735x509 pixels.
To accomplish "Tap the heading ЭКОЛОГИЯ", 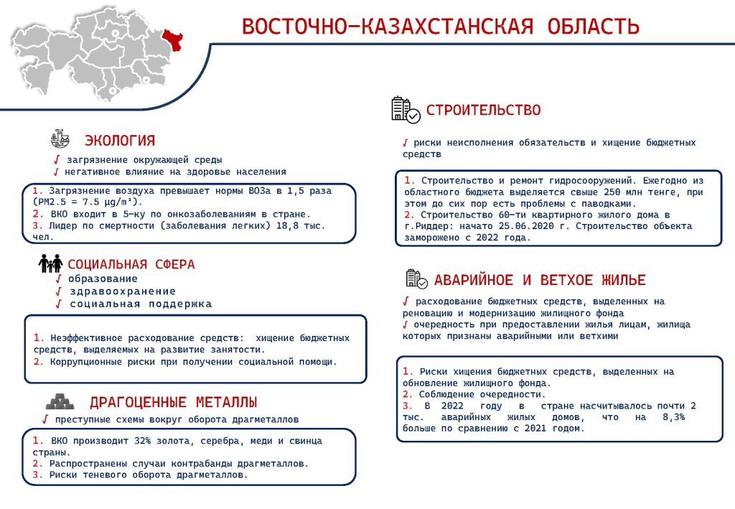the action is (120, 140).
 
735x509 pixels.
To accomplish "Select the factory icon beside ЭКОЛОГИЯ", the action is (60, 139).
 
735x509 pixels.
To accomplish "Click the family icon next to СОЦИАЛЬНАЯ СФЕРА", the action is (51, 263).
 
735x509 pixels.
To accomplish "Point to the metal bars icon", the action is (60, 401).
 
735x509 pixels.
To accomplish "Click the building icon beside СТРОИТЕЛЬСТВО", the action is (406, 110).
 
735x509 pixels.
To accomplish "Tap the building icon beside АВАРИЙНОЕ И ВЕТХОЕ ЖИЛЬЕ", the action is (416, 279).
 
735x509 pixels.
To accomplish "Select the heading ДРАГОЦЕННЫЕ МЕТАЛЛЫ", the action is (174, 402).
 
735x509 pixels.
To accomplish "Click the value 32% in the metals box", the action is (143, 441).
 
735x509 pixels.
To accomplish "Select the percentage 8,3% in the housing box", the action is (673, 416).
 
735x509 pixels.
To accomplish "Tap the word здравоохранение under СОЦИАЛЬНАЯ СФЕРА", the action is (123, 291).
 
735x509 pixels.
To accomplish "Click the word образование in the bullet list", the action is (103, 279).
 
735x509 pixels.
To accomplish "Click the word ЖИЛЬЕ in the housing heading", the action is (624, 280).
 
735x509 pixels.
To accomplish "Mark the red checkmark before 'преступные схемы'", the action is (45, 419).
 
